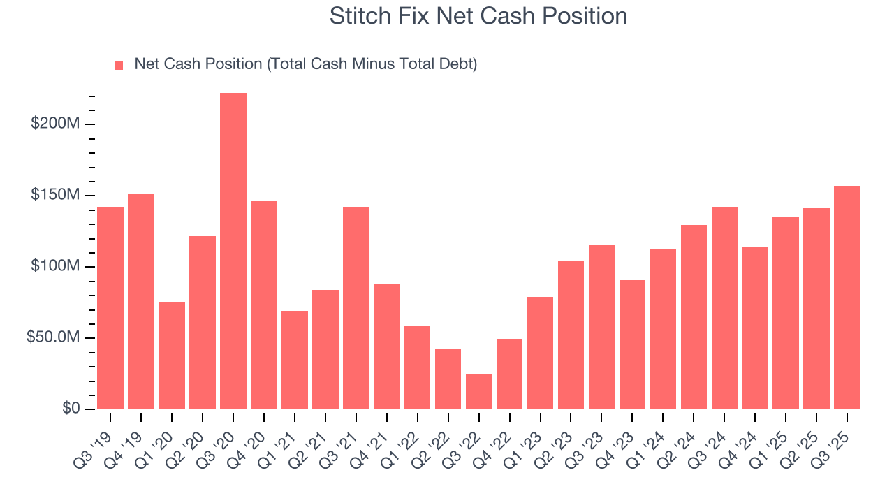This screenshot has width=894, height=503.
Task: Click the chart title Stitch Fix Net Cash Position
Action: coord(478,16)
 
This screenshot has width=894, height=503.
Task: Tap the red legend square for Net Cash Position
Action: coord(119,65)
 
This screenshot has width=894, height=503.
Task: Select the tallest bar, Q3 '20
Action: coord(233,251)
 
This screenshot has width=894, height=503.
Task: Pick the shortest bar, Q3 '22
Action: coord(479,391)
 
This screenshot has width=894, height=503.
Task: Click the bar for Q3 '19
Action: coord(110,307)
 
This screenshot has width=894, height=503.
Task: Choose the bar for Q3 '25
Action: coord(847,297)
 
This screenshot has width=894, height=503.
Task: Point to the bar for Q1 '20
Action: coord(172,355)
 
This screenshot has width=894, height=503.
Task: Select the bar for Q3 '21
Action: coord(356,307)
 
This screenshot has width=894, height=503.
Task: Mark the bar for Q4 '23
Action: coord(632,344)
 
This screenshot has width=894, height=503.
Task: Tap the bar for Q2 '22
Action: coord(448,379)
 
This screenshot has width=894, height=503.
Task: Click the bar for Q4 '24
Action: coord(755,328)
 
